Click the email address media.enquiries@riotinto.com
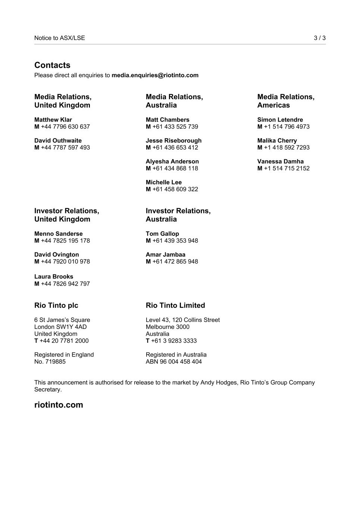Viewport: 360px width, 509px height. point(155,75)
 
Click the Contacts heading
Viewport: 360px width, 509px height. point(52,65)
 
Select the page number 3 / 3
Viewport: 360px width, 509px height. point(319,38)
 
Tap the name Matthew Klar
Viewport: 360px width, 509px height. point(53,120)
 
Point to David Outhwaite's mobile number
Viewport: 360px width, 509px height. point(65,148)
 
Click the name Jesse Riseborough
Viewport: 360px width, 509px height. point(173,141)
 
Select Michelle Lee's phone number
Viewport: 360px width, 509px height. point(175,189)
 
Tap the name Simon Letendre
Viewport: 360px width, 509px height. point(280,120)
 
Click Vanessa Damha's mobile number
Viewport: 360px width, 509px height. point(286,169)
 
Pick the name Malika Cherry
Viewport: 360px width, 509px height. point(277,141)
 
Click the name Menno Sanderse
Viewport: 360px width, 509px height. point(58,234)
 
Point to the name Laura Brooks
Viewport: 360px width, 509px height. point(54,277)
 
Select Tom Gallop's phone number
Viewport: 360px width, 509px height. point(175,241)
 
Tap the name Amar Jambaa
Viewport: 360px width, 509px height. point(165,255)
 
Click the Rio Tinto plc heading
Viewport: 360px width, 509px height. point(56,305)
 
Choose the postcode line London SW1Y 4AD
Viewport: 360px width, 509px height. point(60,327)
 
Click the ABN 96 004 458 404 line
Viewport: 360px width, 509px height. point(173,362)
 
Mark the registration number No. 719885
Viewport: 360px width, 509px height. point(50,362)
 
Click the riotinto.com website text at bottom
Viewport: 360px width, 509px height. point(59,405)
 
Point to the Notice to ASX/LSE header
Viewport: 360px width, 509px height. point(60,38)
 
